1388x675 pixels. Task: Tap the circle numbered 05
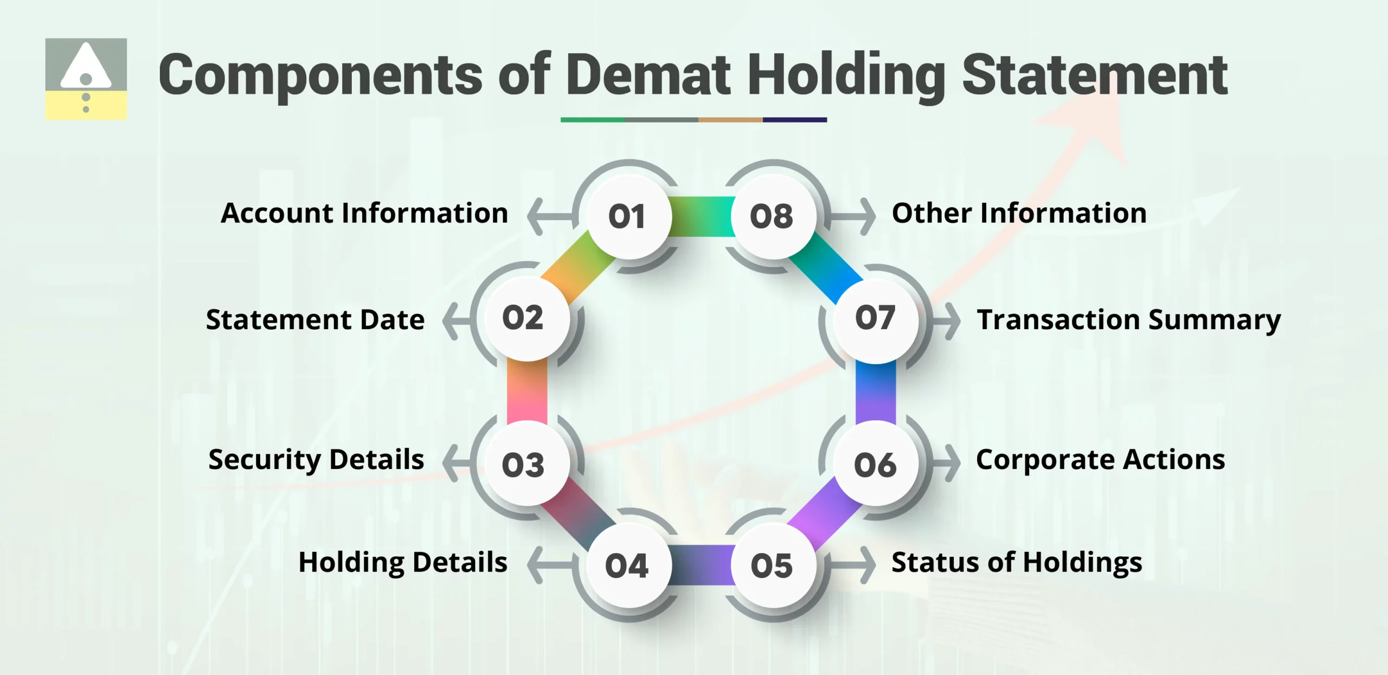coord(772,565)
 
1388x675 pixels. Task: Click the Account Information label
coord(364,213)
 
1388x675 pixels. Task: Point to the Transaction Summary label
coord(1129,319)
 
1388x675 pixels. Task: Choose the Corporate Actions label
coord(1100,460)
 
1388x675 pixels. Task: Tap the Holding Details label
coord(403,562)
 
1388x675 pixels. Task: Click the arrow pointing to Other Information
coord(854,216)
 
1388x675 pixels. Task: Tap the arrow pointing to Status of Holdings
coord(854,565)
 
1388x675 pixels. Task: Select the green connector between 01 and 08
coord(702,216)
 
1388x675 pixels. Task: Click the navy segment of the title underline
coord(795,120)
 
